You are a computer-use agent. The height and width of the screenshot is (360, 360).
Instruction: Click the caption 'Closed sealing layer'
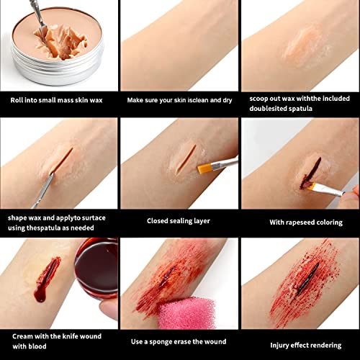[179, 222]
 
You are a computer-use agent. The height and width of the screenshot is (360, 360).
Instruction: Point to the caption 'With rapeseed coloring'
[299, 222]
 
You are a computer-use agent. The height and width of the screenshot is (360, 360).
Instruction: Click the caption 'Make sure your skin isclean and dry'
[179, 100]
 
